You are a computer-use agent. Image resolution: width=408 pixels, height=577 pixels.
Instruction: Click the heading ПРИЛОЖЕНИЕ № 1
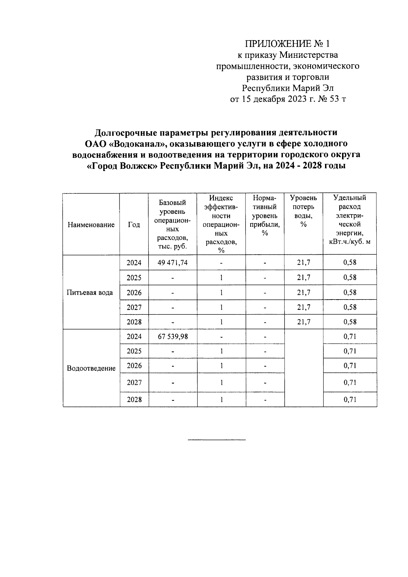(288, 44)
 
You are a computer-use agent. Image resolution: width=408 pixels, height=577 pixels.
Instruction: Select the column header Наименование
(91, 225)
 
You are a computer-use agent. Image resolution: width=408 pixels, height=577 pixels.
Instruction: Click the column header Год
(134, 225)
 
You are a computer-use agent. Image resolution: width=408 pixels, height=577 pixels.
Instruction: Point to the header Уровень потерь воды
(304, 211)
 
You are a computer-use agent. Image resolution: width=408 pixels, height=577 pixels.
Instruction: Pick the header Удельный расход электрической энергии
(350, 220)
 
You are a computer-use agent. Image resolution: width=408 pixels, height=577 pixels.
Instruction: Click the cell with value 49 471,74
(173, 262)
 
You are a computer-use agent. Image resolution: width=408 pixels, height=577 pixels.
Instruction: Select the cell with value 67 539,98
(173, 337)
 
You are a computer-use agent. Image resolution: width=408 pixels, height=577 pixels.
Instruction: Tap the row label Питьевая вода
(90, 293)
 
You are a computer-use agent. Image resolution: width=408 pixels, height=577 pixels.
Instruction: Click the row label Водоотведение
(91, 368)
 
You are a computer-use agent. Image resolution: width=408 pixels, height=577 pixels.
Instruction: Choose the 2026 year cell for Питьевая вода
(134, 293)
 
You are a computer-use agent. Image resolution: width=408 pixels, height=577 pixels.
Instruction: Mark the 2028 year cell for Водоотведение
(134, 400)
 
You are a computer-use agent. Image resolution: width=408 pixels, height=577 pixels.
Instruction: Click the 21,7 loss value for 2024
(304, 262)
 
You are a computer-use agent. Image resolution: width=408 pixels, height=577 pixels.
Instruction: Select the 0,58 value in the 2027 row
(350, 307)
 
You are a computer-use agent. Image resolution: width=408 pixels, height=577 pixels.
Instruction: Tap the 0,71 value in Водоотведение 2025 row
(350, 351)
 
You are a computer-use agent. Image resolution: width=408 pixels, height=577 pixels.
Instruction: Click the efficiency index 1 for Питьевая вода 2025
(221, 278)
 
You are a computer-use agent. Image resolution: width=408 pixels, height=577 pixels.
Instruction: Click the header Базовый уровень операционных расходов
(173, 224)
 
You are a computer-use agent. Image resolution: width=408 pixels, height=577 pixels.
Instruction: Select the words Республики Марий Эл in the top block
(288, 88)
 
